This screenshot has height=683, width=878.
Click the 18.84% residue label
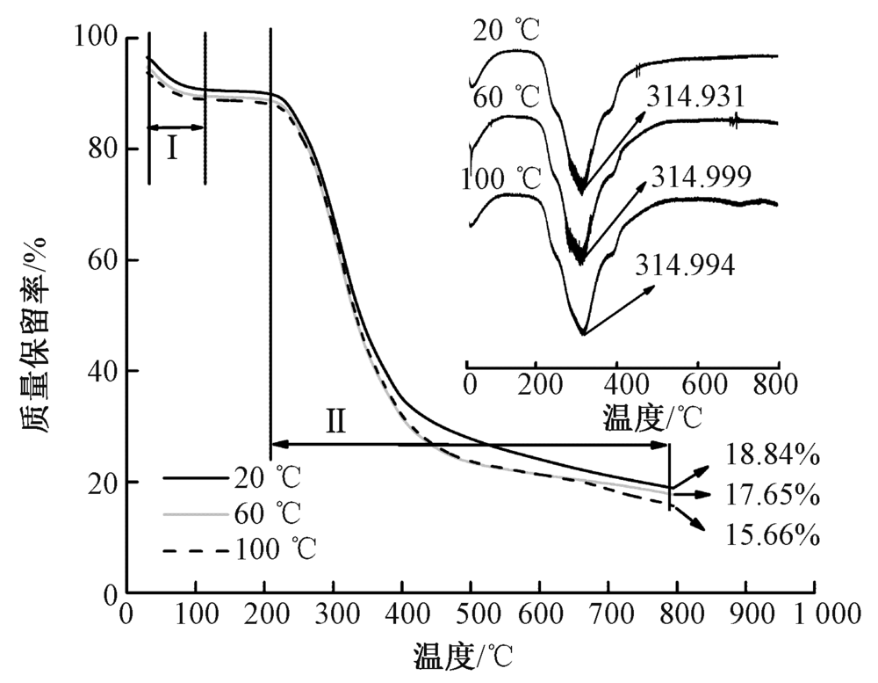point(773,455)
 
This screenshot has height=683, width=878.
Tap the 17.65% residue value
point(773,496)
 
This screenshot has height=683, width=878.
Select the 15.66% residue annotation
point(773,534)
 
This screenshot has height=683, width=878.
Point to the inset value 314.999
point(701,177)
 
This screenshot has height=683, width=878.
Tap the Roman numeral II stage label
point(336,423)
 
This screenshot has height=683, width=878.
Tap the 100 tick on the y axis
point(101,38)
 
